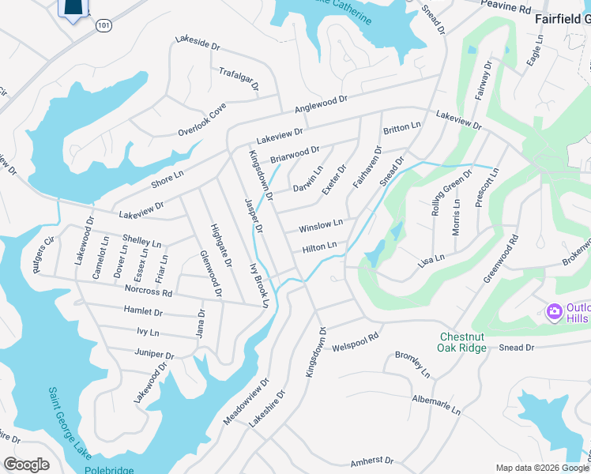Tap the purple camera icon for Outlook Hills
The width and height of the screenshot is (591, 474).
555,310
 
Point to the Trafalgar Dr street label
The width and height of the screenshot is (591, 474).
239,79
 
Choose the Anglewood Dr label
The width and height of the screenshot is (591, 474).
321,103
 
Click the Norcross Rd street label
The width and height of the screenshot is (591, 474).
149,292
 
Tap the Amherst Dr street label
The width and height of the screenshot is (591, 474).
372,460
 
